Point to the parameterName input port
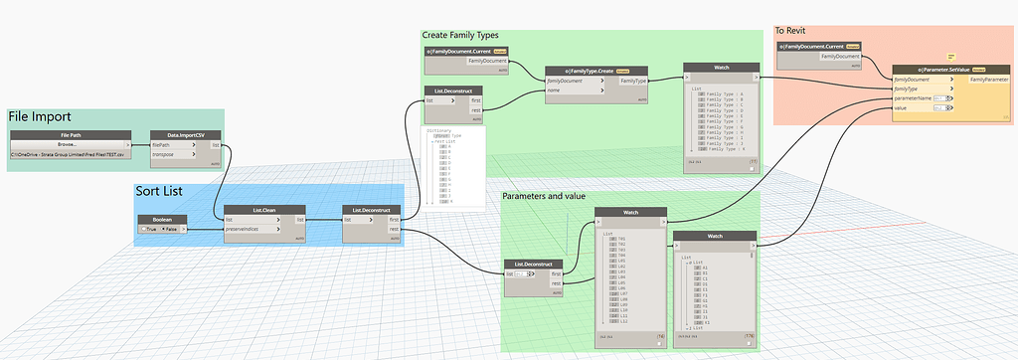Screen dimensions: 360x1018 pos(921,97)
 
